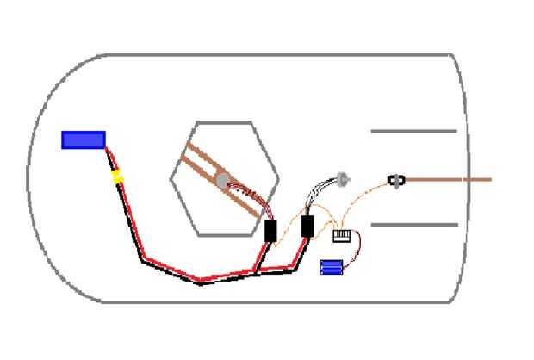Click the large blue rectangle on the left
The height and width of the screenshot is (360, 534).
(84, 140)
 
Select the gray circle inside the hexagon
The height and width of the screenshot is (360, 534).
(222, 181)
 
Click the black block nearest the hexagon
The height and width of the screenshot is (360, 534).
(270, 231)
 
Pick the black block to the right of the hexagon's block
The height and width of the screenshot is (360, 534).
(307, 226)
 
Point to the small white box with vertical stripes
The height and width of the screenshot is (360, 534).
(342, 235)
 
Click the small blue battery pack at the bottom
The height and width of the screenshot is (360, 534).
(332, 267)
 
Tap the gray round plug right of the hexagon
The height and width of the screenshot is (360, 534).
(344, 180)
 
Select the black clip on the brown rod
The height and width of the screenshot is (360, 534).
(396, 181)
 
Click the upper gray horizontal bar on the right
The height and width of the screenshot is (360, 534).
(413, 132)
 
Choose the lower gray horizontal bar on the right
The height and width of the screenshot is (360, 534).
(413, 225)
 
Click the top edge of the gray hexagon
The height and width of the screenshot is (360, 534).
(224, 122)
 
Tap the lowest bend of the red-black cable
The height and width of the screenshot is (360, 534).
(200, 280)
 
